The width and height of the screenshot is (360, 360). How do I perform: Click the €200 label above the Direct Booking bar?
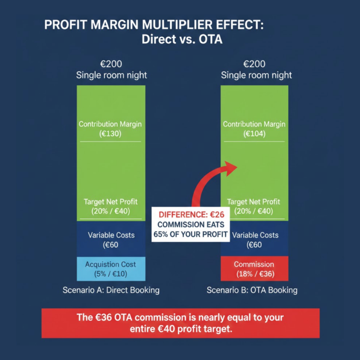click(111, 64)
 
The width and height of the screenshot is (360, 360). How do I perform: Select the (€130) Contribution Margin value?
click(110, 134)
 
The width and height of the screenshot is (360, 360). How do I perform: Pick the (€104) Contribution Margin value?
click(254, 134)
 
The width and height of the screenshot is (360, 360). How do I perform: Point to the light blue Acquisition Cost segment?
click(110, 269)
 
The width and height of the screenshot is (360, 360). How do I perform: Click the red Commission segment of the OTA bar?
click(254, 269)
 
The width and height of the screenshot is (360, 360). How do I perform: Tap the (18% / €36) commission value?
click(254, 274)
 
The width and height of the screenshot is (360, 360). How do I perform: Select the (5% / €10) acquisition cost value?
click(110, 274)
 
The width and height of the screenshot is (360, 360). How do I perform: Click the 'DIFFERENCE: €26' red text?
click(191, 214)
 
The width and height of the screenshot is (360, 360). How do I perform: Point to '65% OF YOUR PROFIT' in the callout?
click(191, 234)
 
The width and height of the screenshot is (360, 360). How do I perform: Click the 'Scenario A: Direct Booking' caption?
click(111, 290)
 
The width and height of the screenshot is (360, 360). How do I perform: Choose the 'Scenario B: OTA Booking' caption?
click(252, 290)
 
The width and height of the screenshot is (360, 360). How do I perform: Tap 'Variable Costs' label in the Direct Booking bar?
click(111, 235)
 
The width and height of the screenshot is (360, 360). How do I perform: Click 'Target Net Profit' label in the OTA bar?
click(254, 202)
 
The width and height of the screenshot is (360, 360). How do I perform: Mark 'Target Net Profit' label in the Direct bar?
click(111, 202)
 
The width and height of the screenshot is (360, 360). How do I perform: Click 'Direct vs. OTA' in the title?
click(182, 39)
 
